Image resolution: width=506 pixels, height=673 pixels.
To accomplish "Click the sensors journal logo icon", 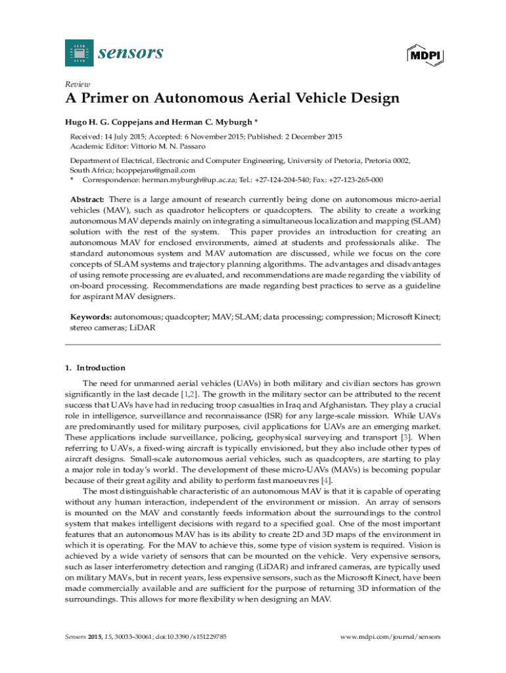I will pos(76,52).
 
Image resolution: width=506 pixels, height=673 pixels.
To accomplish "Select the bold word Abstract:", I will pos(87,199).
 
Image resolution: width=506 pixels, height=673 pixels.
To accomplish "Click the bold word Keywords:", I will pos(91,317).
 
